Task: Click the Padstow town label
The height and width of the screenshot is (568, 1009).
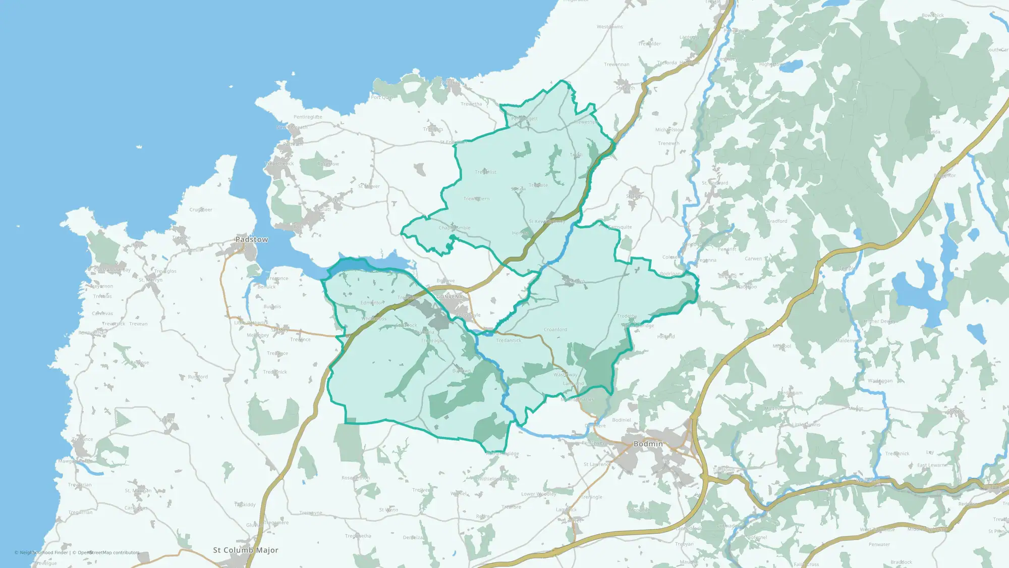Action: click(252, 239)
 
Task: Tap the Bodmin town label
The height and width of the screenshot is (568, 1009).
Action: click(648, 444)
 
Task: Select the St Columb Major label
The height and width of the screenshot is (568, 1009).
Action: click(245, 550)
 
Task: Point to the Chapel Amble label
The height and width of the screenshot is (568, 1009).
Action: click(454, 228)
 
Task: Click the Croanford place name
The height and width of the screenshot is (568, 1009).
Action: click(555, 330)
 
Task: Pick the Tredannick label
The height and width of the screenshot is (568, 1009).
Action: click(509, 340)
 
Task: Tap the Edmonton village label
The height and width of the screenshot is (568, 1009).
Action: click(372, 303)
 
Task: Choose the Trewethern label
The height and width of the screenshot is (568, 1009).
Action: click(476, 199)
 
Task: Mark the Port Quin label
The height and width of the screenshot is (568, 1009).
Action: click(381, 97)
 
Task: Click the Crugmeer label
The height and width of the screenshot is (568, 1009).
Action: click(201, 210)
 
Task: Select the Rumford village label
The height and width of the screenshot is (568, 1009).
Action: click(198, 377)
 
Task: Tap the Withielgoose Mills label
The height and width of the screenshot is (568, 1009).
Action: click(498, 479)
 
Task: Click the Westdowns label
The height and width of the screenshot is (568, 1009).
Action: click(609, 27)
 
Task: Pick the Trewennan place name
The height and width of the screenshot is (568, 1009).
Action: click(616, 65)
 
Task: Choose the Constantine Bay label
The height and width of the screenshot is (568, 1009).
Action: click(112, 270)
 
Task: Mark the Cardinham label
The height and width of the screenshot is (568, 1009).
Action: click(790, 393)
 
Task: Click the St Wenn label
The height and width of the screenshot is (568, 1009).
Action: click(388, 510)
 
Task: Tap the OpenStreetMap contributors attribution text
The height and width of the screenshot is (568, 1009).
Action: click(108, 552)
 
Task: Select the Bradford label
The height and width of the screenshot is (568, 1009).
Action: click(777, 221)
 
